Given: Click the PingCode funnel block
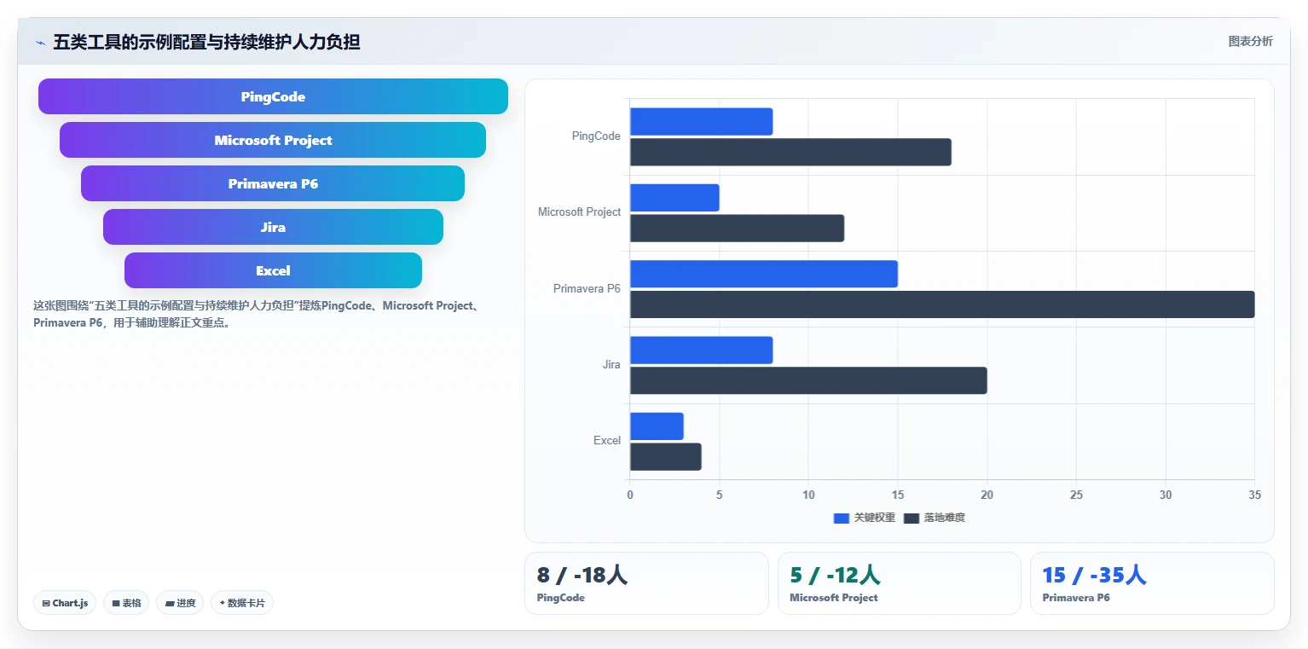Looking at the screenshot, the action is click(273, 96).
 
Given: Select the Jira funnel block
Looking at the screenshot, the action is click(273, 227).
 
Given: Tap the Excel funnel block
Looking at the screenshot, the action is click(273, 270).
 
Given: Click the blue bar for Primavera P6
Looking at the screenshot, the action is click(764, 274).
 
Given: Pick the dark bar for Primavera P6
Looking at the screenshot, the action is click(942, 304).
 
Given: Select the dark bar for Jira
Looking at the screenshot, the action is click(808, 380).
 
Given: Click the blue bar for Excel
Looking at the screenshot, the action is click(657, 426).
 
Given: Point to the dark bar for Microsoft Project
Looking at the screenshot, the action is click(737, 228).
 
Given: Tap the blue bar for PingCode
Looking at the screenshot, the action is click(701, 121).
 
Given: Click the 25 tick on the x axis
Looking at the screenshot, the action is click(1076, 495).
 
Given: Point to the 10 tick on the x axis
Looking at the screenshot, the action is click(808, 495).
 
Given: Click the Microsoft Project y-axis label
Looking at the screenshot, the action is click(579, 212).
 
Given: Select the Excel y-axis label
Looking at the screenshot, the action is click(607, 440).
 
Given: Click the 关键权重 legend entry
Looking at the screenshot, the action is click(865, 518).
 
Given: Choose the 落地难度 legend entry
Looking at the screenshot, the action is click(935, 518).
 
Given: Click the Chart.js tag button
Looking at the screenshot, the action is click(65, 603).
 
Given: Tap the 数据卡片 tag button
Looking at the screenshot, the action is click(242, 603).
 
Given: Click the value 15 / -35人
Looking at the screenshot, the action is click(1094, 575).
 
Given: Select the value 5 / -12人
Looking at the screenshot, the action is click(835, 575).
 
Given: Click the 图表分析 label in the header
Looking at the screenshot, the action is click(1250, 42).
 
